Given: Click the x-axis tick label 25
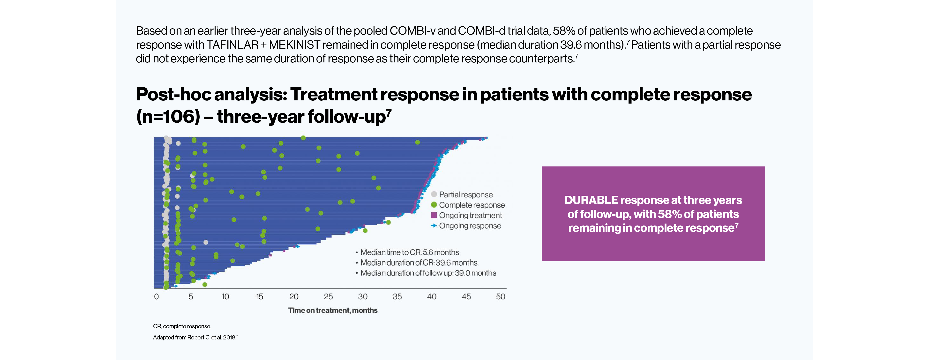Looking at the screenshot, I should (328, 297).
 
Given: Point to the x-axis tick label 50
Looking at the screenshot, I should (500, 297).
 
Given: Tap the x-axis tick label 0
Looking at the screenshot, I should (156, 297).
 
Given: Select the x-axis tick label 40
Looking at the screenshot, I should (431, 297).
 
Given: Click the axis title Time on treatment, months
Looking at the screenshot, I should (332, 311).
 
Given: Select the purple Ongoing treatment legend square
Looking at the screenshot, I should (434, 215).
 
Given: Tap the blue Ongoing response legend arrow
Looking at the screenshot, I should (434, 225).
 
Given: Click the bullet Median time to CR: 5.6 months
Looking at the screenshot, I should (409, 252).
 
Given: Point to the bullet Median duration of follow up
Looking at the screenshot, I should (428, 273).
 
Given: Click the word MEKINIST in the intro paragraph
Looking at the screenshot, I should (294, 45).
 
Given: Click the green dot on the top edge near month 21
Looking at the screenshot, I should (303, 138).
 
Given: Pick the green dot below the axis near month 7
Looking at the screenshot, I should (204, 285).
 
